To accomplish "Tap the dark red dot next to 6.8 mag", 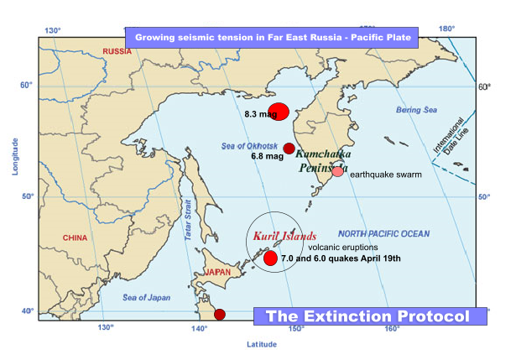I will pos(289,149).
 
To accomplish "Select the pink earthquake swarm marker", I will pos(337,171).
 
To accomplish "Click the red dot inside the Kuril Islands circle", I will pos(270,258).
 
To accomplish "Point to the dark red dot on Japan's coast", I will pos(219,315).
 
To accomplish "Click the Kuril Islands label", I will pos(284,236).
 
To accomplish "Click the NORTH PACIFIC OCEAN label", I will pos(383,233).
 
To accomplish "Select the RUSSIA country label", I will pos(116,52).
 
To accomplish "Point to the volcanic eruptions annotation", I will pos(342,248).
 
